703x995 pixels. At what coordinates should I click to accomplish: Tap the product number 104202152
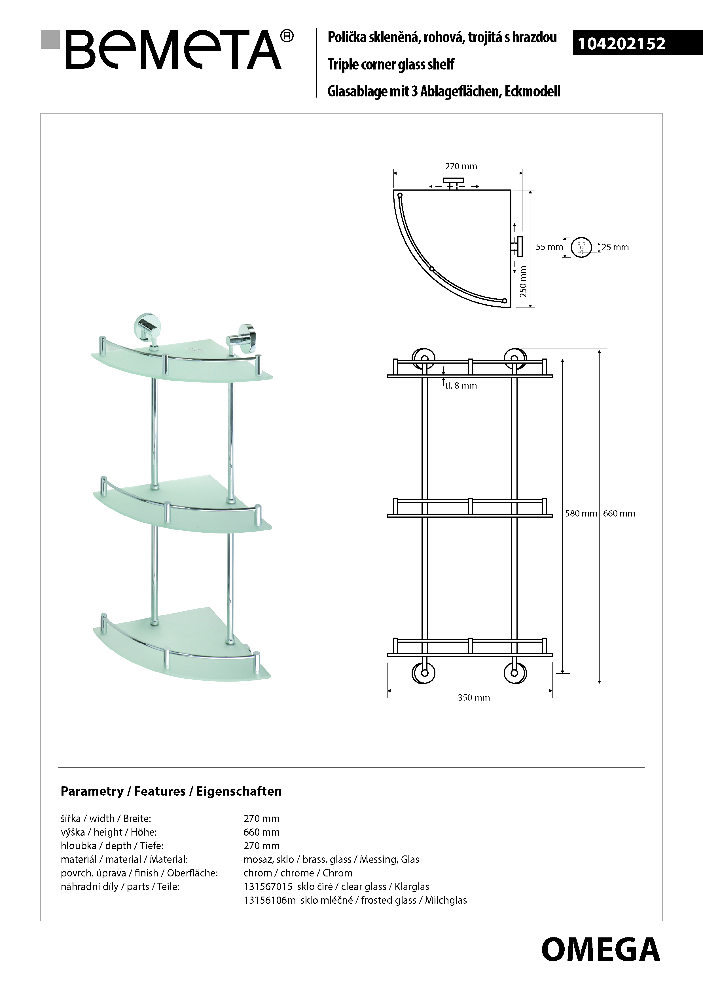pyautogui.click(x=622, y=44)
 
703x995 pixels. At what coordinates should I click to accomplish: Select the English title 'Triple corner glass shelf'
pyautogui.click(x=391, y=64)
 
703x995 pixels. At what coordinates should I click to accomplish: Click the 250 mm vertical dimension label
pyautogui.click(x=523, y=282)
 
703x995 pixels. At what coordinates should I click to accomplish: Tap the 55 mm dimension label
pyautogui.click(x=549, y=247)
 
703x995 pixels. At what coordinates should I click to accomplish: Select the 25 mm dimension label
pyautogui.click(x=615, y=247)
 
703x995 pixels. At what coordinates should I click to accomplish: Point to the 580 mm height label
pyautogui.click(x=581, y=514)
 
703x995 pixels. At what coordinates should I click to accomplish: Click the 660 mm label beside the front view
pyautogui.click(x=619, y=514)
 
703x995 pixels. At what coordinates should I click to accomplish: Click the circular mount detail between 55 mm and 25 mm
pyautogui.click(x=581, y=247)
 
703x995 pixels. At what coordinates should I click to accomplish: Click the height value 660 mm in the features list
pyautogui.click(x=262, y=832)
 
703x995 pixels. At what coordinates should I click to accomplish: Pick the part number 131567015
pyautogui.click(x=268, y=887)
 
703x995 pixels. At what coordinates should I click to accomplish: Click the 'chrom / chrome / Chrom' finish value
pyautogui.click(x=298, y=873)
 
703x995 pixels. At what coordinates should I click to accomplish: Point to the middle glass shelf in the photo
pyautogui.click(x=182, y=505)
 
